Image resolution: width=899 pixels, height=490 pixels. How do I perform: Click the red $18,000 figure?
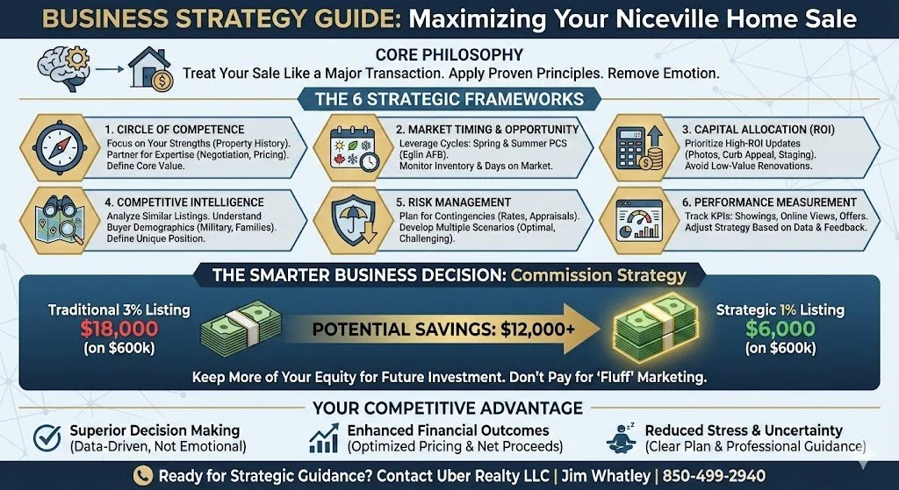(x=119, y=330)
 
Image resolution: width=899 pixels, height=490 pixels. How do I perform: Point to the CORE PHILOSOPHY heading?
(x=449, y=53)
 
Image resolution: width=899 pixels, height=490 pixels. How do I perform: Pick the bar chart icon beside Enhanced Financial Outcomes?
(x=325, y=437)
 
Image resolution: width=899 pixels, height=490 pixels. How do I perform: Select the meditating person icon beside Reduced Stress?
(x=622, y=437)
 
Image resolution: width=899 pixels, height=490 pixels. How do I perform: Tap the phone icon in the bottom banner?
(x=141, y=475)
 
